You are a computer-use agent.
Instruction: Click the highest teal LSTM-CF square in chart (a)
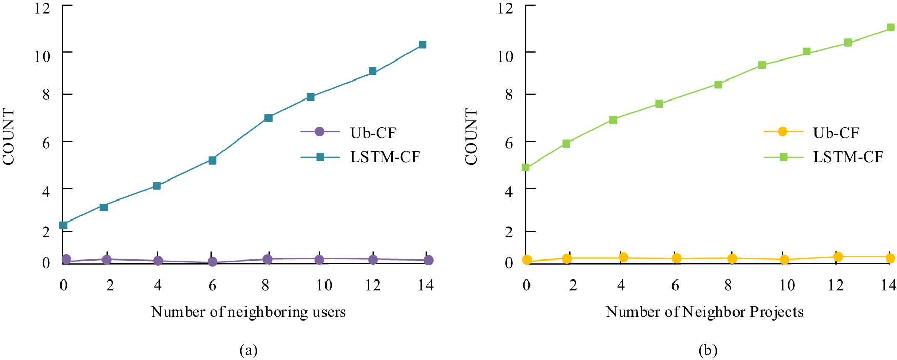point(422,45)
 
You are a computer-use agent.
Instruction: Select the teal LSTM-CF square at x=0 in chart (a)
point(64,225)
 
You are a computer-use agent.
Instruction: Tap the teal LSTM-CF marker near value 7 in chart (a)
point(268,118)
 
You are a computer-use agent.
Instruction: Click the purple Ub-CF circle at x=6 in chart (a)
point(212,262)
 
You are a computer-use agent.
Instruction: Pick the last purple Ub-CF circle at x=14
point(429,261)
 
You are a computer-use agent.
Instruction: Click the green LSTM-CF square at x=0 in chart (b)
point(526,167)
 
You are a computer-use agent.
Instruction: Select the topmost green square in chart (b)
point(891,27)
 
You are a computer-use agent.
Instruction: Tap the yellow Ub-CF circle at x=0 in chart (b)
point(527,260)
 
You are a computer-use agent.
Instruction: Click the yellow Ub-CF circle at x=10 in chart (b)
point(784,259)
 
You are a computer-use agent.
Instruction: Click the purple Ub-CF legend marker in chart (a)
point(320,132)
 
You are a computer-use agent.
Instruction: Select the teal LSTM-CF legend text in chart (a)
point(385,157)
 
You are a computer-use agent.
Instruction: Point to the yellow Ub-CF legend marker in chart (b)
point(783,132)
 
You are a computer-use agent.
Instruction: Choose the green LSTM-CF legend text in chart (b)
point(848,157)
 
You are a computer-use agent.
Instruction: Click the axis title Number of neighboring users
point(249,312)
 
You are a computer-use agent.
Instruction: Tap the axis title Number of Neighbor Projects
point(705,312)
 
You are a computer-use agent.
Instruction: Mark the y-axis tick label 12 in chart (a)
point(43,9)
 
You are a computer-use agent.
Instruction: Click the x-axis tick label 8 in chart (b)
point(728,285)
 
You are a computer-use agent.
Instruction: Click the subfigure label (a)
point(249,350)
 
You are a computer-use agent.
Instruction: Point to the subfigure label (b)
point(708,350)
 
